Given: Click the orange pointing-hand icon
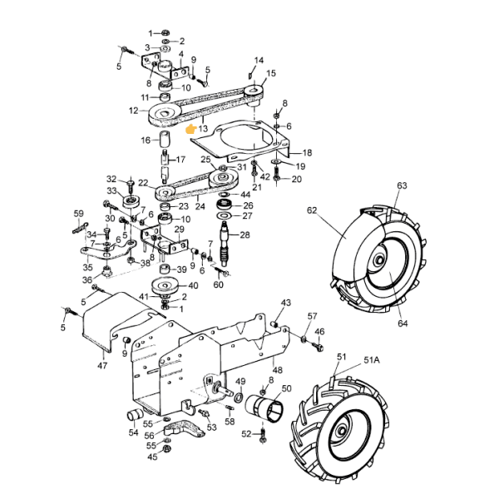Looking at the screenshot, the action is pos(191,129).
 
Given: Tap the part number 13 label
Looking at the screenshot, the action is pos(203,129).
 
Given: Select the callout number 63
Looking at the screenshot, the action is pos(402,185).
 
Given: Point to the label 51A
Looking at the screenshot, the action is pos(372,360).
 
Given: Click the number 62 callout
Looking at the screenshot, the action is pos(312,210).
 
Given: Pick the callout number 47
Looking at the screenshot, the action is pos(102,366).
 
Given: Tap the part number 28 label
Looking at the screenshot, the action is pos(245,235).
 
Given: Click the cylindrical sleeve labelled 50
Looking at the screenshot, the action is pos(264,409).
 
